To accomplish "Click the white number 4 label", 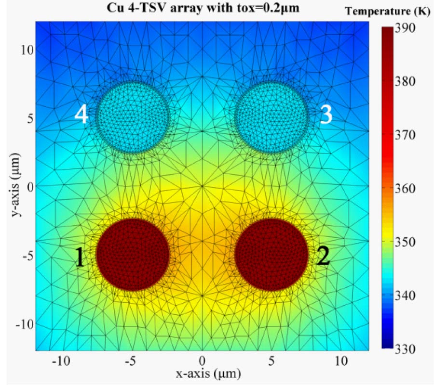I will [81, 115].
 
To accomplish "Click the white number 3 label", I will [326, 115].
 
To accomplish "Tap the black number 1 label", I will [80, 258].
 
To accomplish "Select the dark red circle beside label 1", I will [133, 255].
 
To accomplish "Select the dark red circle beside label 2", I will [271, 255].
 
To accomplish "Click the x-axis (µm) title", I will [203, 373].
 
